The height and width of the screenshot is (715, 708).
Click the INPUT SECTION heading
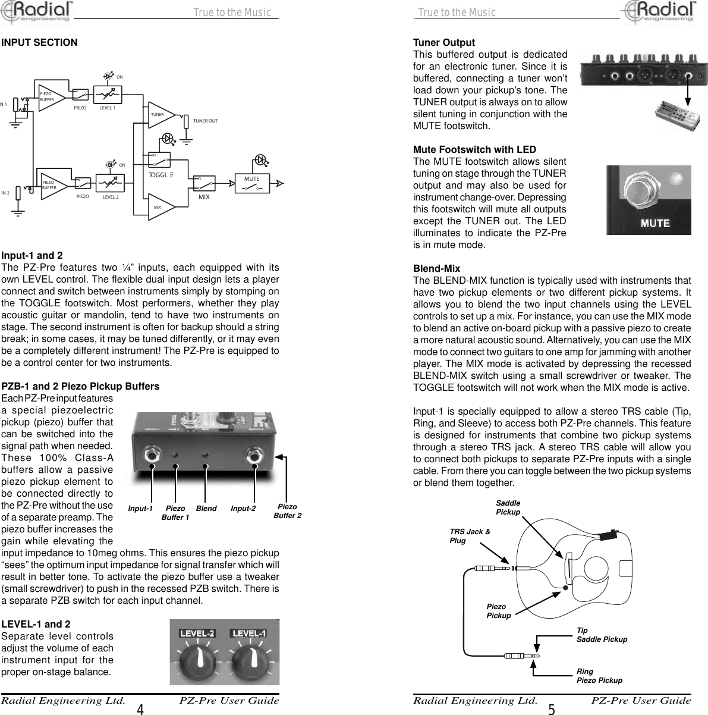point(39,43)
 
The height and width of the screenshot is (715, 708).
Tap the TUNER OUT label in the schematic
point(205,121)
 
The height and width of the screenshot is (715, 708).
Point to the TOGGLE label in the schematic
point(161,175)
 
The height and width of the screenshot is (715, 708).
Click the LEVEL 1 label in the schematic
point(108,108)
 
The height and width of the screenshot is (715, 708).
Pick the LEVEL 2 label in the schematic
point(111,196)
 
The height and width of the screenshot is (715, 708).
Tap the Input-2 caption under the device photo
point(243,509)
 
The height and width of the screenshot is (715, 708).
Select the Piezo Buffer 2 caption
point(287,511)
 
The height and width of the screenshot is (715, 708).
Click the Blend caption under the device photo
point(206,509)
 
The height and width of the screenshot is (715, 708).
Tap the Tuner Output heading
point(444,43)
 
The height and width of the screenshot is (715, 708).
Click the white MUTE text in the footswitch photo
point(654,224)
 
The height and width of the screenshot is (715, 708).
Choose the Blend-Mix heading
point(436,269)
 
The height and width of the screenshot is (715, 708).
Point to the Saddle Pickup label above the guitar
point(508,508)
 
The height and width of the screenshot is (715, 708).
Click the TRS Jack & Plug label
point(470,536)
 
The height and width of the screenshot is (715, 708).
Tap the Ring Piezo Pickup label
point(599,676)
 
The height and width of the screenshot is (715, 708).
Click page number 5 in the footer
point(552,709)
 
